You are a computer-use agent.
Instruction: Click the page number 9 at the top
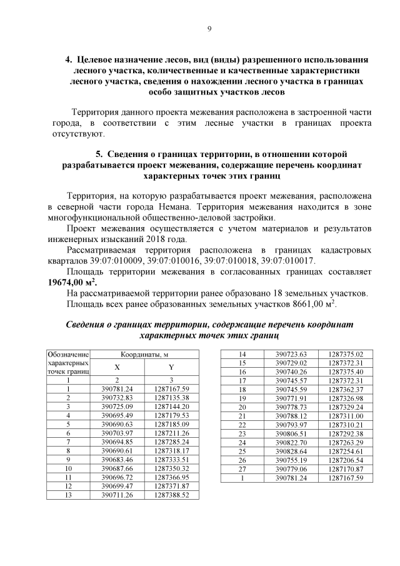(209, 29)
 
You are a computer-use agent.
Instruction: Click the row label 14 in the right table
(241, 354)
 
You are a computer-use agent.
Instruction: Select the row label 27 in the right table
(241, 468)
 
